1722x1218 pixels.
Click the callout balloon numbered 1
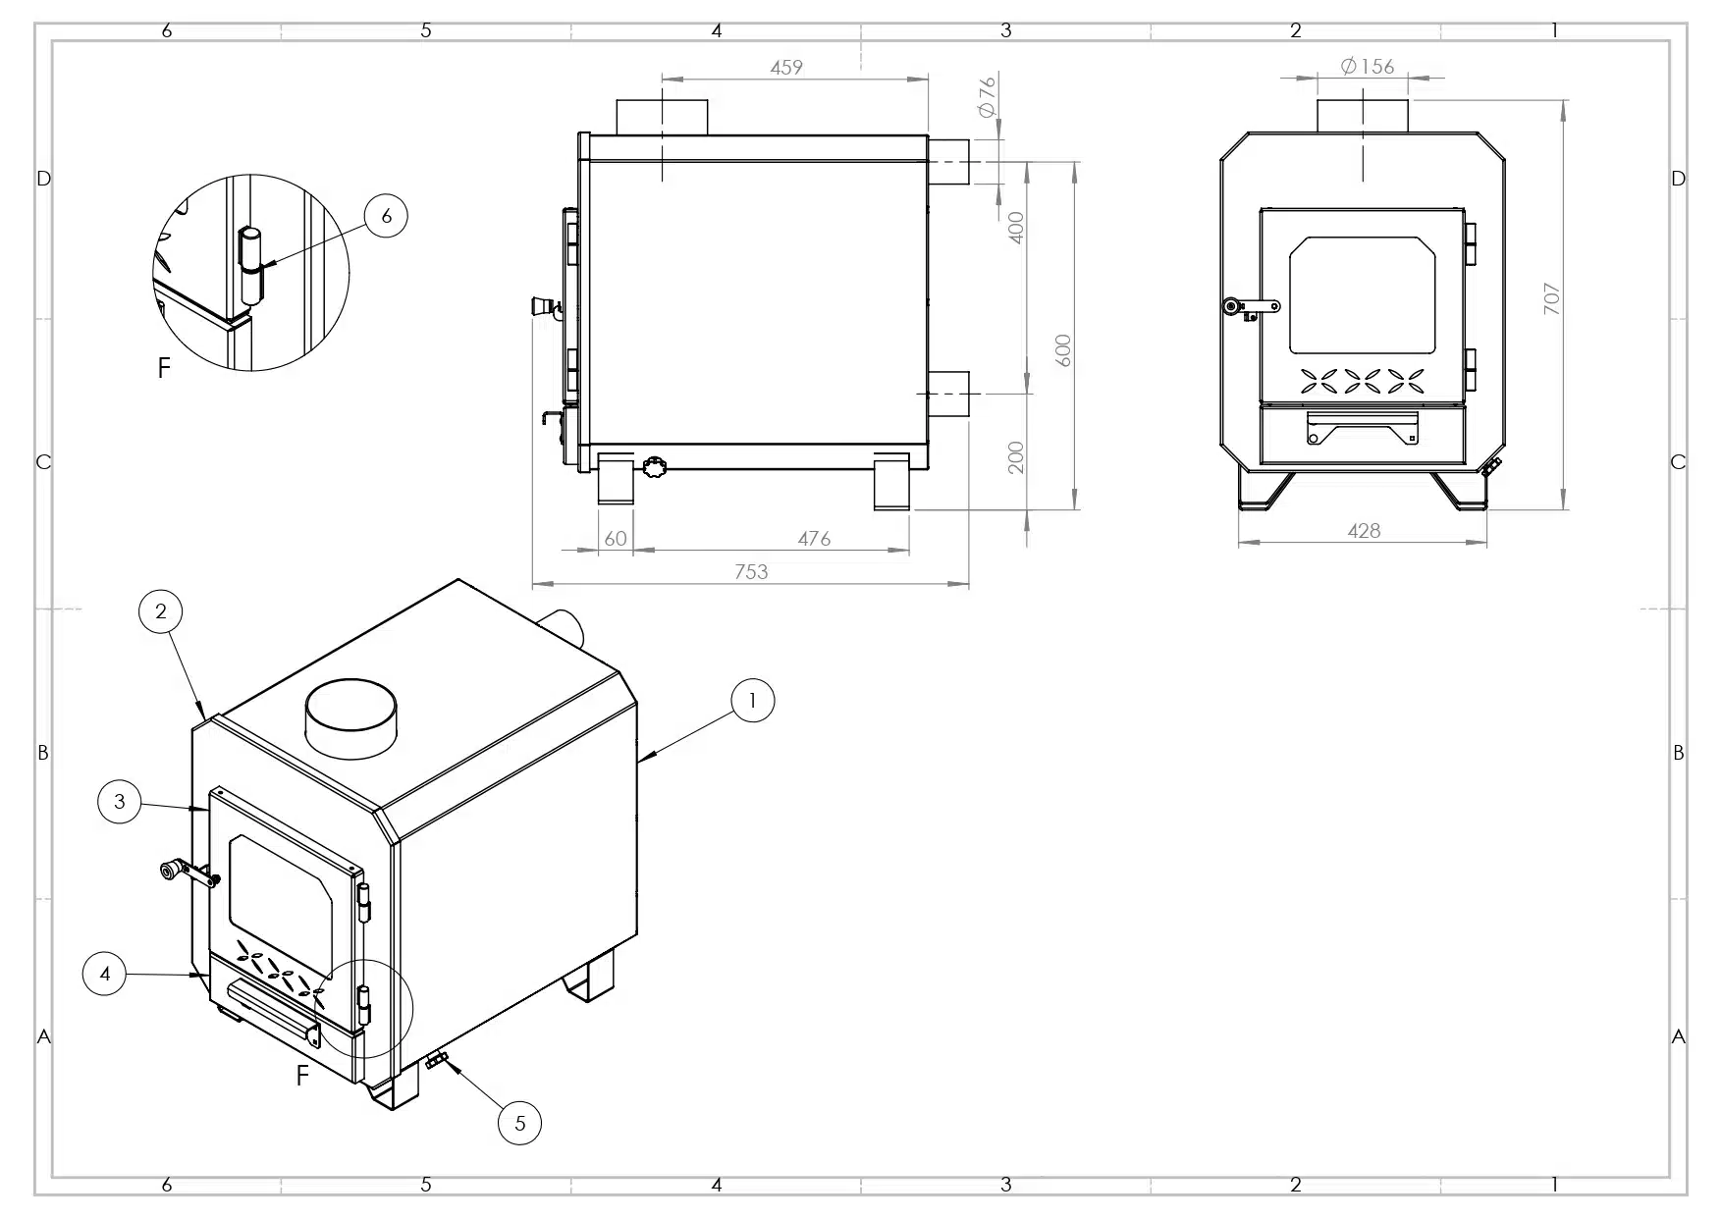click(x=753, y=701)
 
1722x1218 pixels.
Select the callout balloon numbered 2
click(x=161, y=612)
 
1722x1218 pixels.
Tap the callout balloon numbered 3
click(x=120, y=802)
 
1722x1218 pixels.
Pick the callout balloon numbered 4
click(x=105, y=975)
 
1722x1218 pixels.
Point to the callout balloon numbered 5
click(x=520, y=1123)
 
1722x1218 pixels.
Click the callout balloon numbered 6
click(x=386, y=216)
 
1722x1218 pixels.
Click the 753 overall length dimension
click(x=751, y=572)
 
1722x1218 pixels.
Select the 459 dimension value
click(x=786, y=68)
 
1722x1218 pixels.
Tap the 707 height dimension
click(x=1552, y=298)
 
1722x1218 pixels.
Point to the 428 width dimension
click(x=1364, y=531)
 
